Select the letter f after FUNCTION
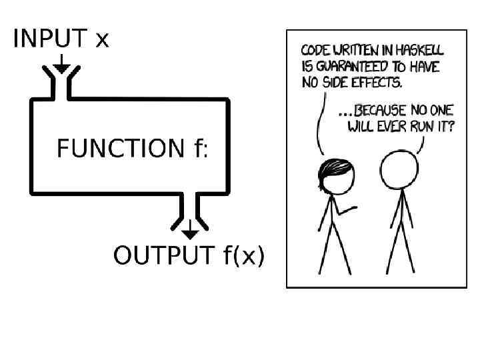198,148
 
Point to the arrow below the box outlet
190,230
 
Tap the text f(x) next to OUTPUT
242,255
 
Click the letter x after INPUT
101,40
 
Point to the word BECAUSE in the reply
385,111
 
